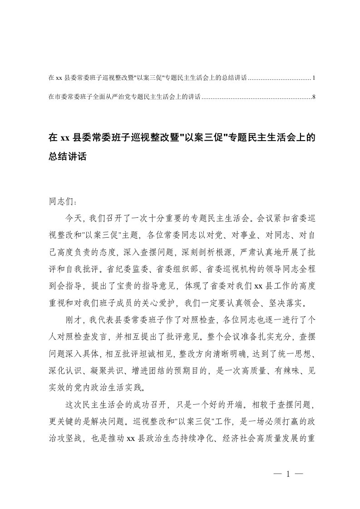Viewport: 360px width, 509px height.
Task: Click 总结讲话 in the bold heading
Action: [x=67, y=157]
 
